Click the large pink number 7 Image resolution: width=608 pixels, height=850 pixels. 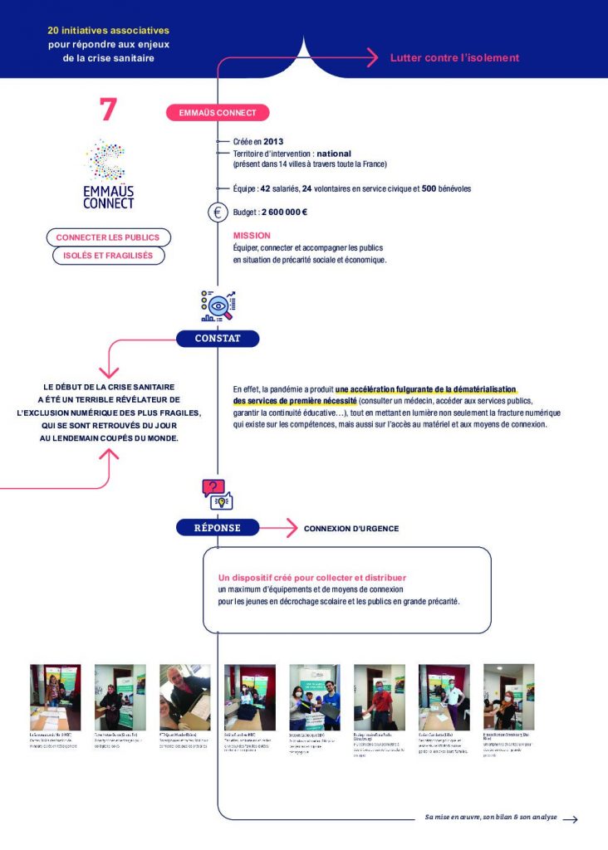(108, 110)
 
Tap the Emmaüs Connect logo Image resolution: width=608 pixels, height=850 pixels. (109, 173)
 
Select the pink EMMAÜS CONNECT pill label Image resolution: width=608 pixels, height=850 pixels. (218, 113)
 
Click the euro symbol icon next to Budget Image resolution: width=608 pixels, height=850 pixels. (218, 212)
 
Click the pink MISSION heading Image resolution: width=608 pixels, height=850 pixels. (252, 236)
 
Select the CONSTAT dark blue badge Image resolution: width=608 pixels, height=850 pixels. (218, 339)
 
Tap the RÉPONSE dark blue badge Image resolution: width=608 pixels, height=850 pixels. (218, 528)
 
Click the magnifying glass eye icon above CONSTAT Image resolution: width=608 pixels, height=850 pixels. (218, 306)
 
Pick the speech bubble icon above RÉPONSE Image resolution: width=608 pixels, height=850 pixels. (218, 495)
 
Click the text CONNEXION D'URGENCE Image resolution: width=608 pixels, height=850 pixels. (351, 529)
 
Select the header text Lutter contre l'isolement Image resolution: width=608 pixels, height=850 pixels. (454, 58)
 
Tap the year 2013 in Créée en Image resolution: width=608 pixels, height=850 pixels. (273, 142)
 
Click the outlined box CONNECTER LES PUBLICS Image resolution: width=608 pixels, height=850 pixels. (108, 237)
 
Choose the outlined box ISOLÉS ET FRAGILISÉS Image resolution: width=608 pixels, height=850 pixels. (108, 256)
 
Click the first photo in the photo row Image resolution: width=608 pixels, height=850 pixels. (56, 696)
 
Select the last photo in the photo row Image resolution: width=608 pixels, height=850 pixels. (508, 696)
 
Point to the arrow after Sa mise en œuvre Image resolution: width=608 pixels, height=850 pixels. (570, 819)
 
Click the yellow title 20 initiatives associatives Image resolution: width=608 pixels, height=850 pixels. (109, 30)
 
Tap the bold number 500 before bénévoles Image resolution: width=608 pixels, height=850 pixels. (429, 188)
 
